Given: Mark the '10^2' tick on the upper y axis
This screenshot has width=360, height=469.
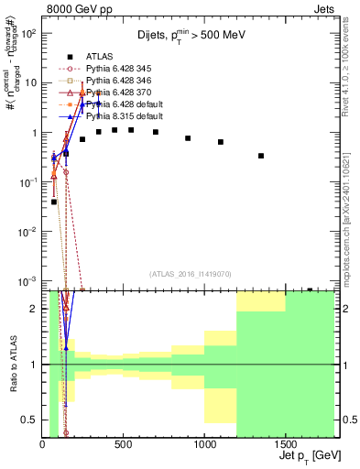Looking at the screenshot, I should [27, 33].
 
